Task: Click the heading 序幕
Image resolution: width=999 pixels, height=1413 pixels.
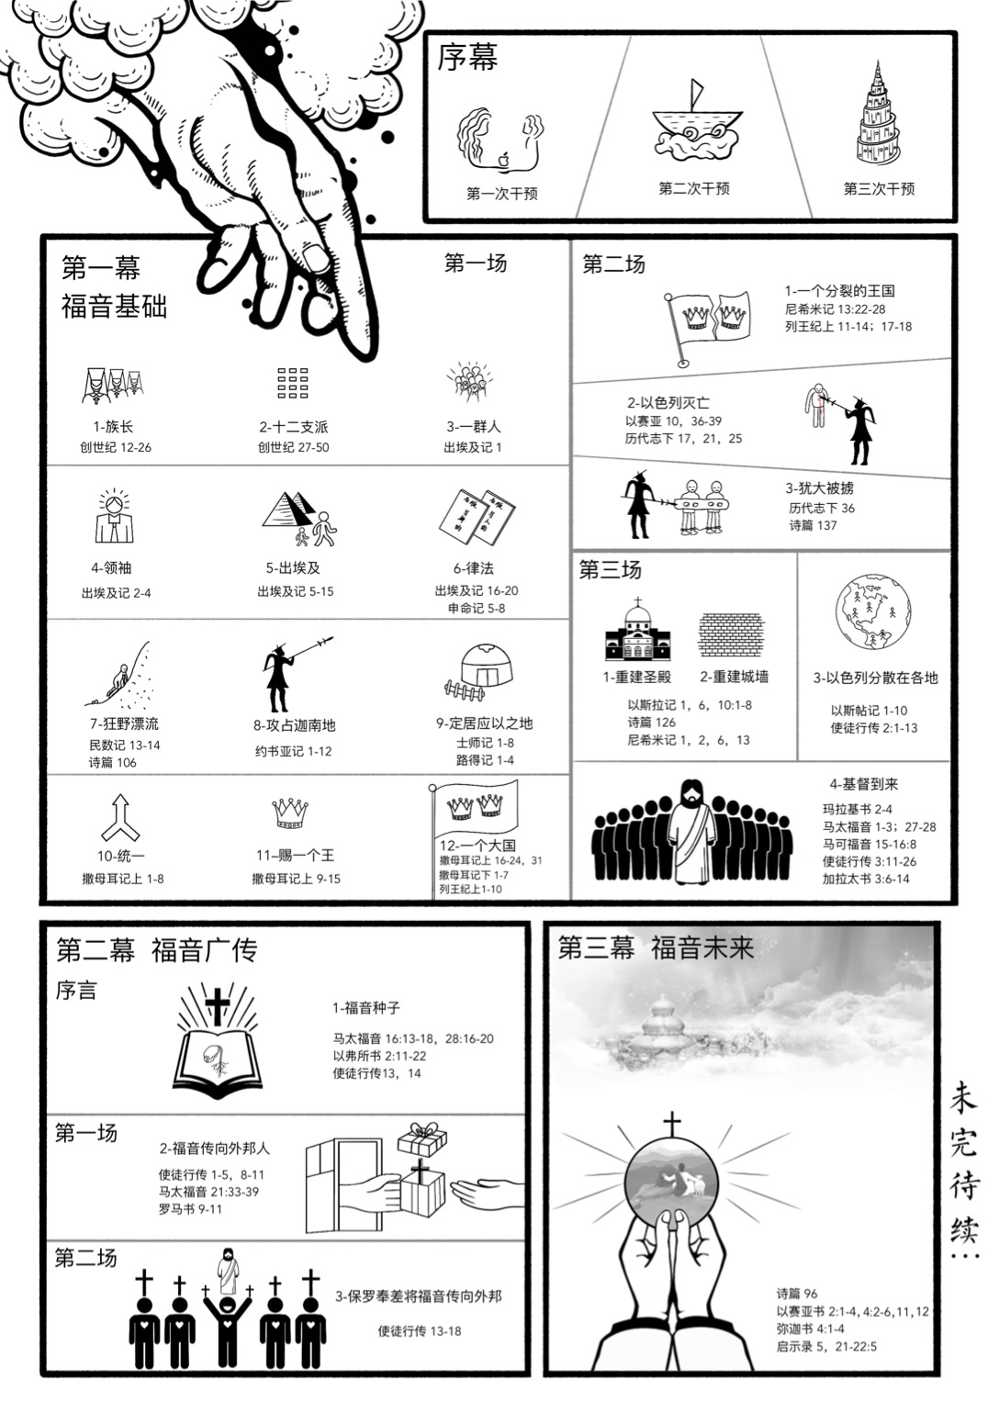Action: click(467, 57)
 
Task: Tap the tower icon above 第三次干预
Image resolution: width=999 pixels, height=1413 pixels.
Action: click(877, 113)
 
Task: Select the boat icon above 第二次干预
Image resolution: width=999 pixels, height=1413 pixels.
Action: click(696, 122)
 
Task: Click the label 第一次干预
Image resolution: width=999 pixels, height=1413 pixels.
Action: click(502, 194)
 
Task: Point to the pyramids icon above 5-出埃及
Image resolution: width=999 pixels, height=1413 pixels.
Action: click(299, 519)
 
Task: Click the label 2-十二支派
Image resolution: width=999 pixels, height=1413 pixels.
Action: click(293, 427)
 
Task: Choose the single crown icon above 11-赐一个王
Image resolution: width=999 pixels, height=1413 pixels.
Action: click(290, 813)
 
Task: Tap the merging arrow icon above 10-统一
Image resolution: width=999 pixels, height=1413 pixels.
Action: click(120, 817)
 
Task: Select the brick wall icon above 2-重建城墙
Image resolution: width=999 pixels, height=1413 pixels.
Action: click(732, 634)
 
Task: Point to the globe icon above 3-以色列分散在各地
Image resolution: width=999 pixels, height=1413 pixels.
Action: click(873, 611)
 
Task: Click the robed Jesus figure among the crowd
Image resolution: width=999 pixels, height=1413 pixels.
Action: click(691, 832)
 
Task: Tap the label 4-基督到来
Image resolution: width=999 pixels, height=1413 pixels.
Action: click(863, 784)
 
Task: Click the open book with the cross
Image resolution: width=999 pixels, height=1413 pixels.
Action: click(217, 1037)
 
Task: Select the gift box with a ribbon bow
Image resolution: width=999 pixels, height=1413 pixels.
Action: click(422, 1140)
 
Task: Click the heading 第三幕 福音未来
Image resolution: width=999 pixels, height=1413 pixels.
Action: click(656, 948)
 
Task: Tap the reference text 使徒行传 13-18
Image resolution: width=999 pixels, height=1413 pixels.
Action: click(420, 1331)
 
